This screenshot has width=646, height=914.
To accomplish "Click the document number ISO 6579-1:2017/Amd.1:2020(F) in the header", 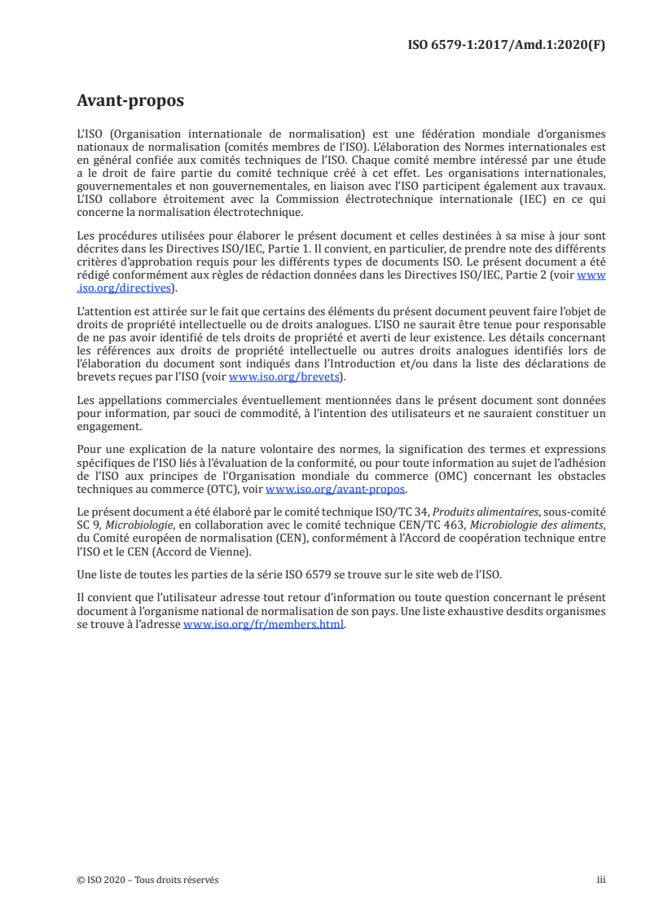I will [506, 46].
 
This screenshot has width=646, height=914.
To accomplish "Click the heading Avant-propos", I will [130, 102].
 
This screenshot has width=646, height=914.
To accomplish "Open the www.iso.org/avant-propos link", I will [336, 490].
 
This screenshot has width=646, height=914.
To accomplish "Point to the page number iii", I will [601, 880].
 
